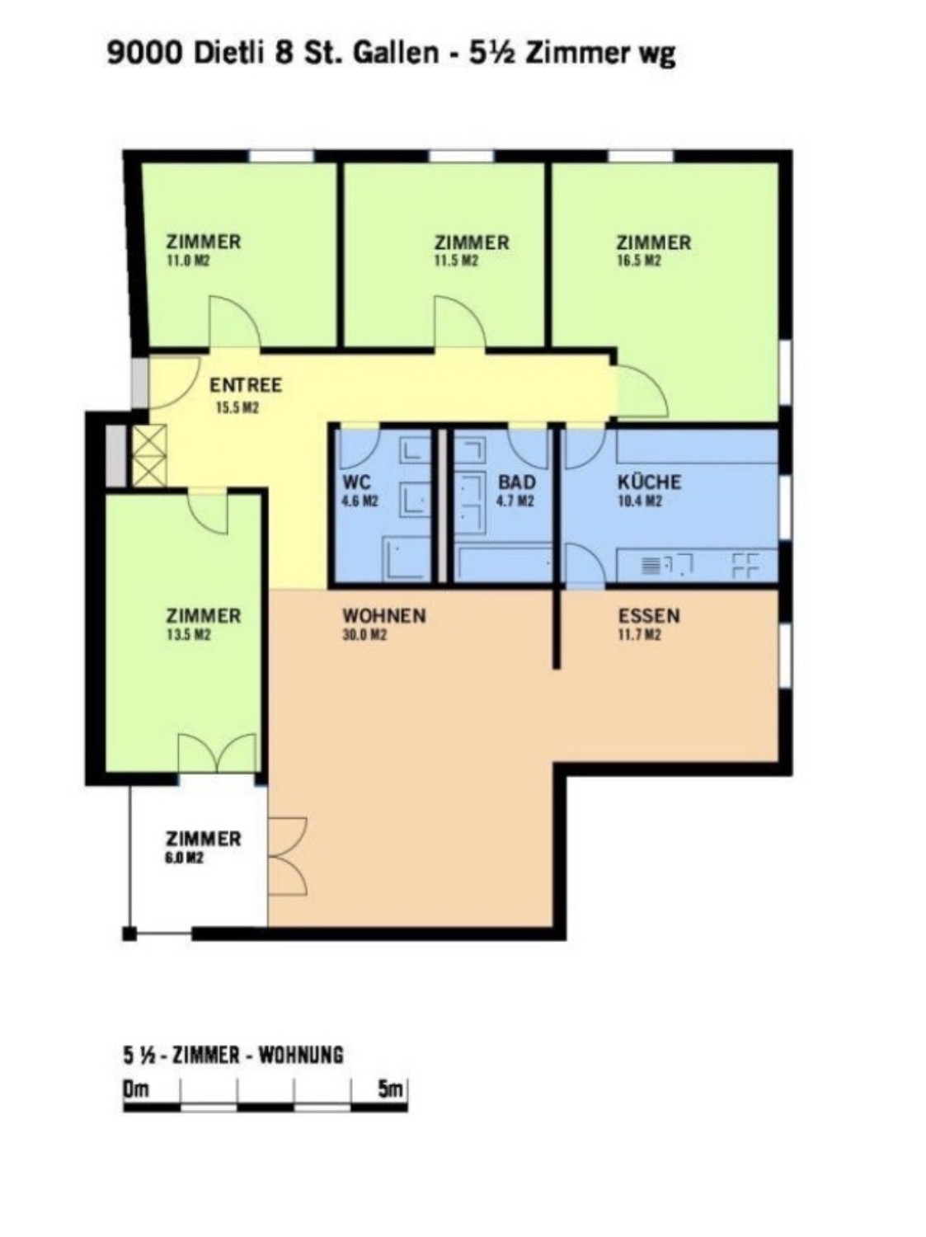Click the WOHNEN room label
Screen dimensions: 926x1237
[385, 615]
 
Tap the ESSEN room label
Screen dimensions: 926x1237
[649, 615]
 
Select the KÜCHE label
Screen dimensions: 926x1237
[650, 482]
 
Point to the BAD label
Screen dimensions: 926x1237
[516, 482]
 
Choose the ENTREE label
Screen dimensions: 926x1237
[246, 385]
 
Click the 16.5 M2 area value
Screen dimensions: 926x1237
[639, 261]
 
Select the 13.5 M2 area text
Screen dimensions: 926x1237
[188, 634]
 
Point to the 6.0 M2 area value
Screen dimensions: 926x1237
[185, 858]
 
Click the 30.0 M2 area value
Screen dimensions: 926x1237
[365, 634]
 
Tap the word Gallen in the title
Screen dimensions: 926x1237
[396, 54]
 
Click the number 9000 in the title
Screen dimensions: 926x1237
[145, 54]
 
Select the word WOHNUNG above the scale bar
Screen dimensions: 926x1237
[301, 1055]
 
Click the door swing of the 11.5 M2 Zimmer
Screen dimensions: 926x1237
[459, 322]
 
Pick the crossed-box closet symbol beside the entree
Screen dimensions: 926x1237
[149, 454]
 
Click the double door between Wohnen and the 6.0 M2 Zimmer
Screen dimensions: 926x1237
[288, 856]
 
